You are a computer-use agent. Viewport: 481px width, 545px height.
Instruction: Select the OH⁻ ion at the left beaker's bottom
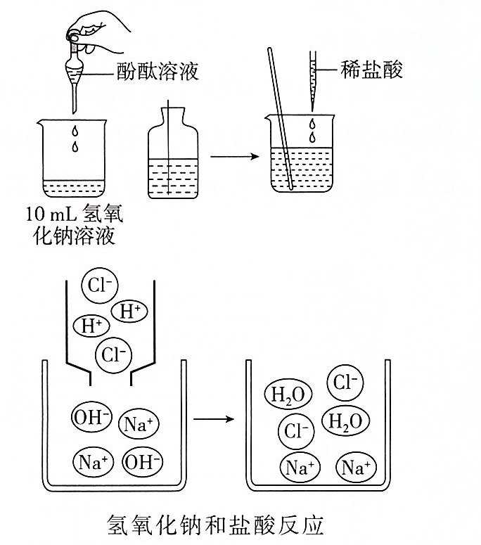143,461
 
